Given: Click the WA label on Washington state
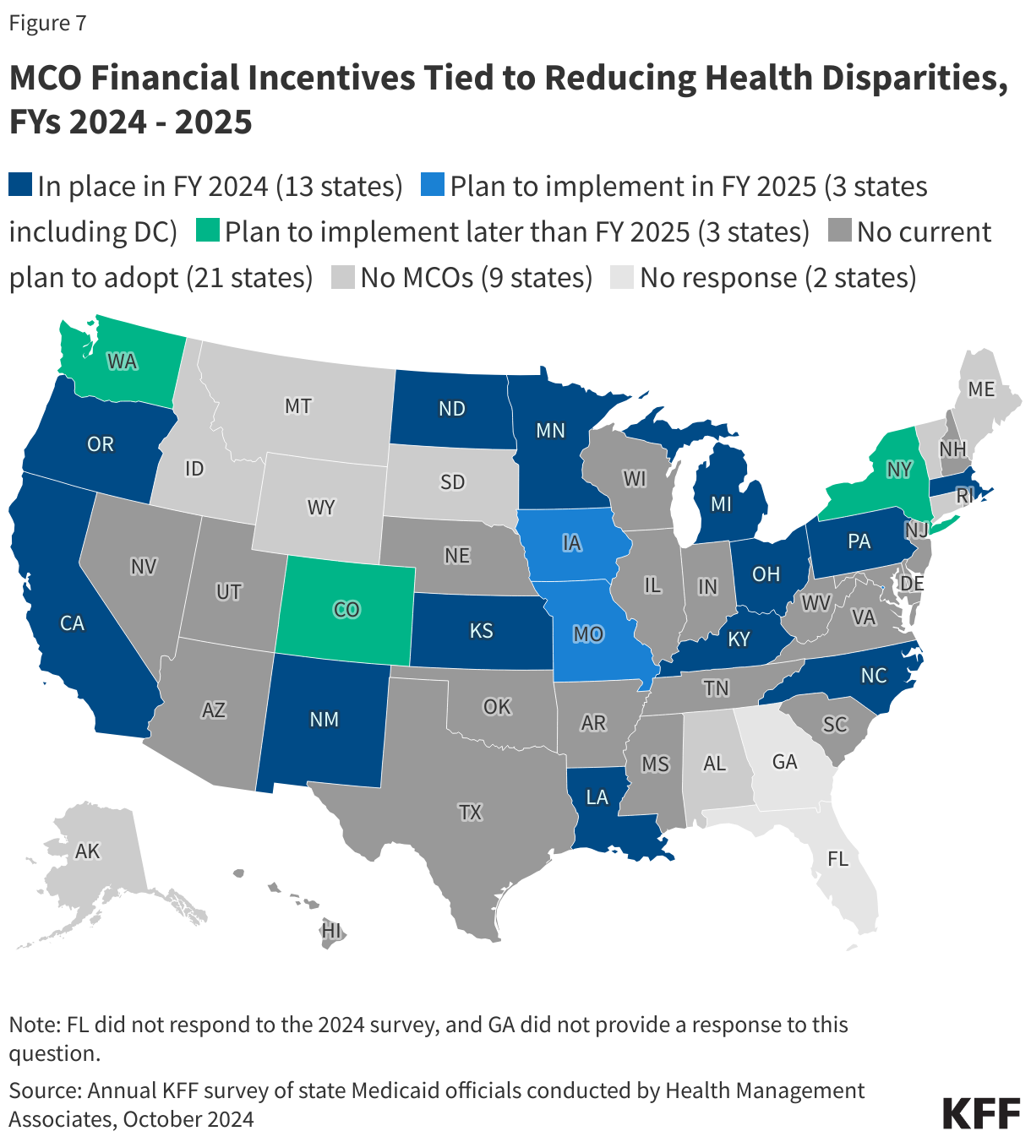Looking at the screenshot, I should point(122,362).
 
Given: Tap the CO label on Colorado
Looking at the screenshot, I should point(346,609).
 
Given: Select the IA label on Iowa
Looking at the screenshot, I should point(571,543).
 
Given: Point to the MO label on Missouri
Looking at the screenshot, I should point(588,634).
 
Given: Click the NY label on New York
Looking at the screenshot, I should point(899,469).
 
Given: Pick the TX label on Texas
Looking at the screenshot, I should point(470,812).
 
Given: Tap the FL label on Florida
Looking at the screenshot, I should point(837,859).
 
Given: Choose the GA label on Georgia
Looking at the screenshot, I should point(784,762).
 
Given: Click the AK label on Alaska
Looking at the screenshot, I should point(88,851).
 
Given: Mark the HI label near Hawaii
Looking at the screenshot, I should point(331,930).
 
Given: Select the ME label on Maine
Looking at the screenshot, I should point(981,389).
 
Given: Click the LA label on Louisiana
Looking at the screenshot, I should point(597,797).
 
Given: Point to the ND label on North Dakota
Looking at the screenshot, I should point(452,409).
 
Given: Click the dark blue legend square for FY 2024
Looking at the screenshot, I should point(20,186).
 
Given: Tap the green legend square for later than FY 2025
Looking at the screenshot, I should point(207,231).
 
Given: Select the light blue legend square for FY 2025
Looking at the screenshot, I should point(433,186).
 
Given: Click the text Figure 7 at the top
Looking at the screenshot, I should point(47,23).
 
